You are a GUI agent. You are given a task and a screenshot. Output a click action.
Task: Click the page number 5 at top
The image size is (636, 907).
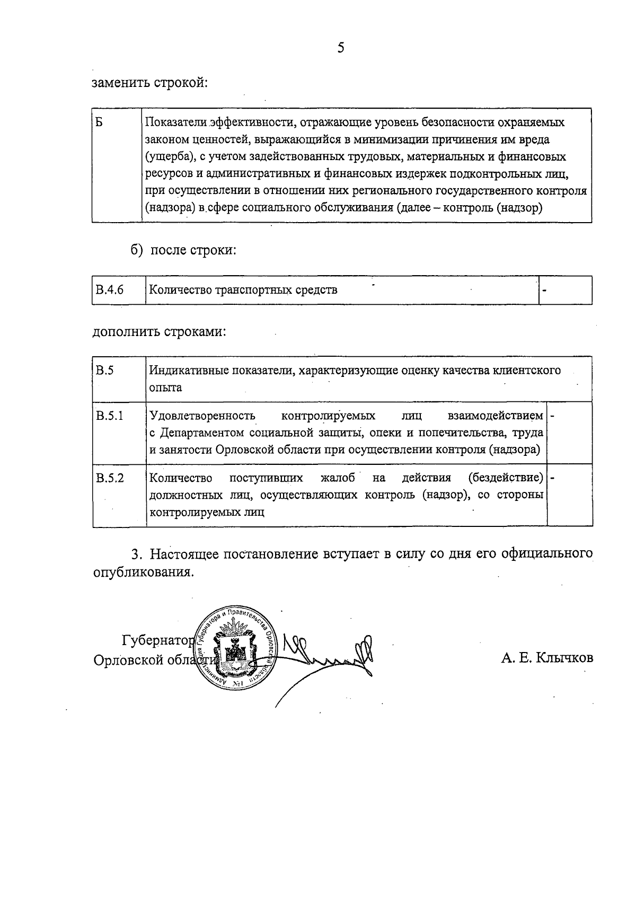pos(341,48)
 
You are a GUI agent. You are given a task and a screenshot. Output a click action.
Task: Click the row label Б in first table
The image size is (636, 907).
pos(99,122)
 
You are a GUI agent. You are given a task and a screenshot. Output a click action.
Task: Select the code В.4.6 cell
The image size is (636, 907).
pos(110,290)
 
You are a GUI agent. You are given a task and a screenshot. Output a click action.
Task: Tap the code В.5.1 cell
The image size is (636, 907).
pos(110,416)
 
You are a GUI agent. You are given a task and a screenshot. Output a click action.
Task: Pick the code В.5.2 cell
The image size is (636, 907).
pos(110,478)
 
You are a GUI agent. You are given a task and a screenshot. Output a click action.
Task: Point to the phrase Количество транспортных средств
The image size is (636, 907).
pos(243,290)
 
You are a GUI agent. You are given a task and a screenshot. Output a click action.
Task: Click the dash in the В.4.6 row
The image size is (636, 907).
pos(545,290)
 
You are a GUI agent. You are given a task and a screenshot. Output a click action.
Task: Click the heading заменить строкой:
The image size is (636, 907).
pos(149,83)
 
